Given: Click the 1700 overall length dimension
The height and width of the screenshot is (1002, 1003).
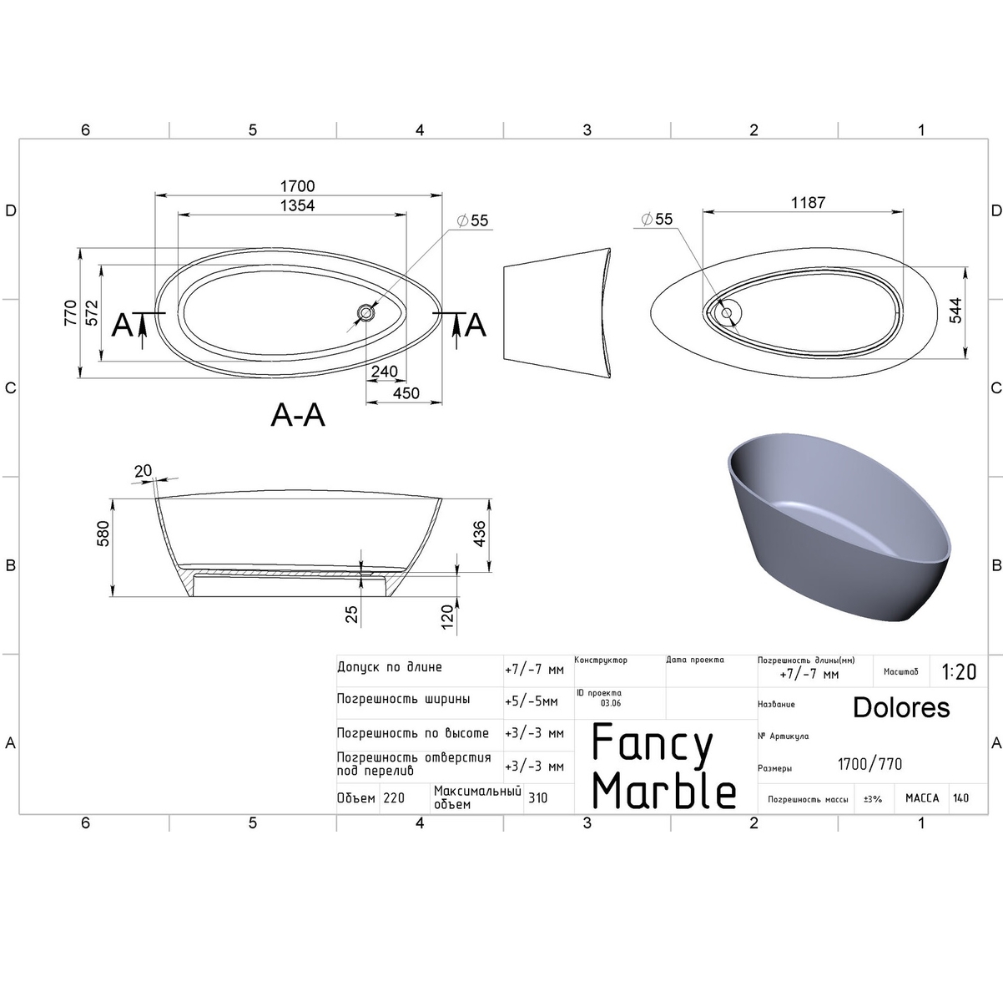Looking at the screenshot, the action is tap(297, 186).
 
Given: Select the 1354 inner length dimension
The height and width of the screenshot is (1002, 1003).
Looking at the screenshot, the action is tap(297, 205).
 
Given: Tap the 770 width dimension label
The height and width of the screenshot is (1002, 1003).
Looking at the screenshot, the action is tap(70, 312).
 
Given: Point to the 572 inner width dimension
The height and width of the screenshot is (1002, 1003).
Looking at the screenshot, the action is tap(92, 312).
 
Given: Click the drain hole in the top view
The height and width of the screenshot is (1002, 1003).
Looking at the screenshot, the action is tap(365, 312).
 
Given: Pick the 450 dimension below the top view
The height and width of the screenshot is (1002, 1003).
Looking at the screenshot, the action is tap(406, 393).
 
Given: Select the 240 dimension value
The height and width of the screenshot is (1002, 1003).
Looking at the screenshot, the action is tap(384, 372).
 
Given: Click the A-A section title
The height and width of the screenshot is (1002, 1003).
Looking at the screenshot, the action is tap(298, 415).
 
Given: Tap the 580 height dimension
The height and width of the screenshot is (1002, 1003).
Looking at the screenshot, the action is tap(103, 533).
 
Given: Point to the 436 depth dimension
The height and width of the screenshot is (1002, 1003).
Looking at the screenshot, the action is tap(479, 533).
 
